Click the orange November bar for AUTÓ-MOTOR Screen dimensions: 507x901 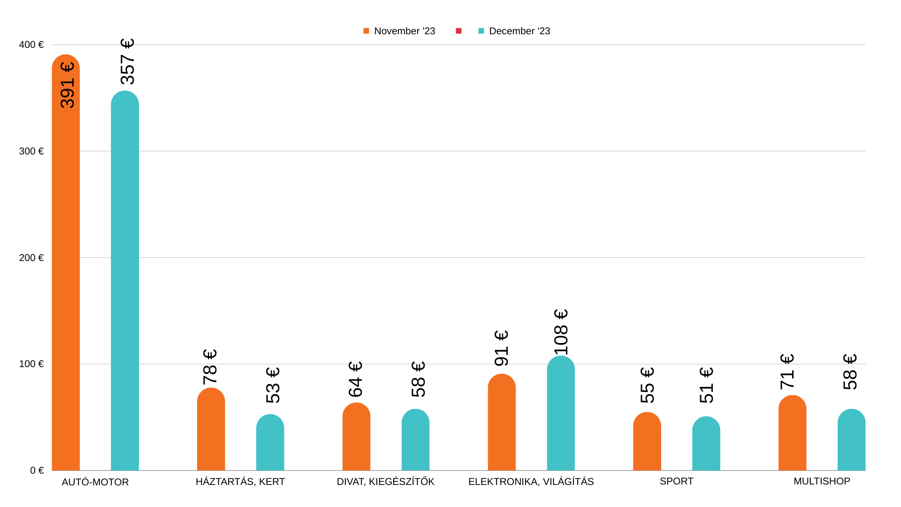(x=66, y=282)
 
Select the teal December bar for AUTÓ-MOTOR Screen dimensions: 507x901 (x=125, y=282)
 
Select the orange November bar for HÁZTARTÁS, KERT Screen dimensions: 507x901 (x=211, y=430)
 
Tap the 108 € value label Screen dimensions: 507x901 (x=561, y=332)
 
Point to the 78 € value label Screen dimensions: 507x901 (x=210, y=367)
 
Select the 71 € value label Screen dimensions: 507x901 (x=787, y=372)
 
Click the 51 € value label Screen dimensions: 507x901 (x=706, y=385)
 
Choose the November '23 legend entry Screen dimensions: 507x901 (x=399, y=31)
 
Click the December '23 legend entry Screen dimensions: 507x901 (x=514, y=31)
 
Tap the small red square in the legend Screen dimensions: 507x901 (x=458, y=31)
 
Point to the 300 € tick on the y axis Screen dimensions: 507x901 (x=31, y=151)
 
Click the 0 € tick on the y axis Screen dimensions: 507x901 (x=37, y=470)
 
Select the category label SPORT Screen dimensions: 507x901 (x=676, y=481)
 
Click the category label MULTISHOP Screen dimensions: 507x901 (x=822, y=481)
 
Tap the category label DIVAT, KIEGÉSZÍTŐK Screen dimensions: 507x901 (x=385, y=482)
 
